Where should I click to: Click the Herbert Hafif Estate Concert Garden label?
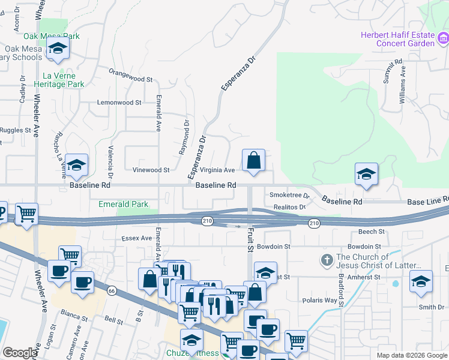(397, 39)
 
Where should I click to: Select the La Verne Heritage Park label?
(64, 80)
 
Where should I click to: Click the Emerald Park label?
(123, 205)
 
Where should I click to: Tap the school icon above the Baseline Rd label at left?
(77, 165)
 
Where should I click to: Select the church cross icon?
(327, 260)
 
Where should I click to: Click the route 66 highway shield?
(111, 291)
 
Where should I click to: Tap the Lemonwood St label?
(119, 103)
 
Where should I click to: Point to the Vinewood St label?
(151, 170)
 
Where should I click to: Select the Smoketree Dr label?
(289, 196)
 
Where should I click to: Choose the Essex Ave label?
(138, 238)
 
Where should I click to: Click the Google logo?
(19, 353)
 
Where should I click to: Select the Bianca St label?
(75, 313)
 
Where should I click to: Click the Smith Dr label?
(432, 307)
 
